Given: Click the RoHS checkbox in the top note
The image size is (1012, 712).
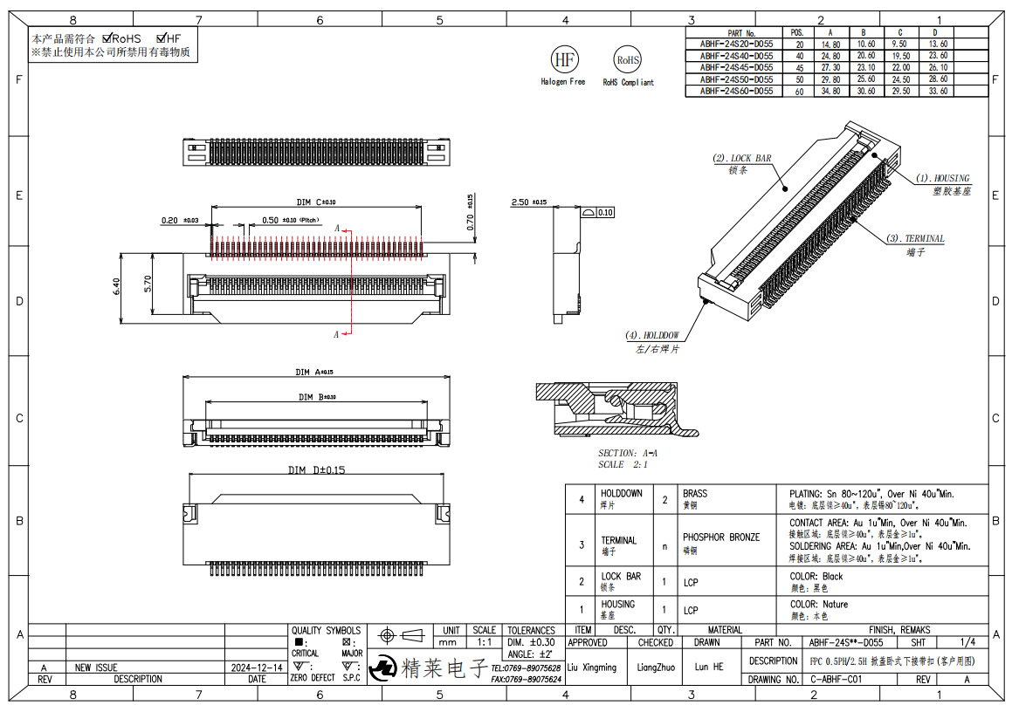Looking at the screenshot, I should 107,38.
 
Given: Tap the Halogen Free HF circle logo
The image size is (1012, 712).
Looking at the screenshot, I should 563,59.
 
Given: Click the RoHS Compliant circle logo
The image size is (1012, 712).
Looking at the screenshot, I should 627,60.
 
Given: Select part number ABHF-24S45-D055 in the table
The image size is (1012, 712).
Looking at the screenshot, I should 736,67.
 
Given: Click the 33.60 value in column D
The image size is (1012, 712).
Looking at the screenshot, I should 939,90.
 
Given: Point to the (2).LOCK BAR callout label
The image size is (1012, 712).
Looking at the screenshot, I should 742,159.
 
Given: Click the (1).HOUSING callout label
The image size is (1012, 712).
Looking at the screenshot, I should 942,178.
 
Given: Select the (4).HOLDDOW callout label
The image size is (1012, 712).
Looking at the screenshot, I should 652,335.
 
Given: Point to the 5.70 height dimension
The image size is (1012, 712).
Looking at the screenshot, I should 148,284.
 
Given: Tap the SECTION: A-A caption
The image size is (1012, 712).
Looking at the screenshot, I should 628,453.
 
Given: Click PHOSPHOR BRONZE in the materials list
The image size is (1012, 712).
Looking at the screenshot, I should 721,537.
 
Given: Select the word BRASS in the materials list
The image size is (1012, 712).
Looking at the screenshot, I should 695,494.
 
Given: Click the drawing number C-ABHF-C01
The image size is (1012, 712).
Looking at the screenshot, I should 836,679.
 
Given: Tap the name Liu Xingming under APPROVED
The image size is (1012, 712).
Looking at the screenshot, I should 592,667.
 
